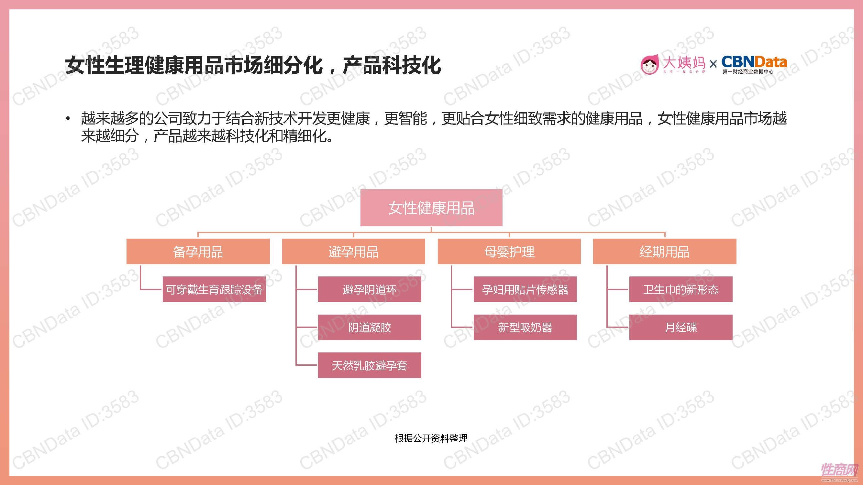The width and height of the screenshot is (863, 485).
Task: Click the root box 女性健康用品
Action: pos(431,208)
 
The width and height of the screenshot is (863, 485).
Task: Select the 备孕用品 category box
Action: pos(198,251)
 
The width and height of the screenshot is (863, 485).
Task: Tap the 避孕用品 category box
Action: pos(353,251)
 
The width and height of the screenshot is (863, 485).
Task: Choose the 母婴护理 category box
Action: pos(509,251)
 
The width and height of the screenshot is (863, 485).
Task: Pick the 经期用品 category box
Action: pos(664,251)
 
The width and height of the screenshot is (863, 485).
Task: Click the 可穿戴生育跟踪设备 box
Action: pos(214,289)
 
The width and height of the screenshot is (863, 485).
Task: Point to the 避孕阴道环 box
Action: pos(369,289)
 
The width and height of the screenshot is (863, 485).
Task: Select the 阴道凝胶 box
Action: pos(369,327)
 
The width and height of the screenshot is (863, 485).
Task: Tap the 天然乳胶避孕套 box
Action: pos(369,365)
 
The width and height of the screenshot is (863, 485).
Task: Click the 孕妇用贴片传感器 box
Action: pos(525,289)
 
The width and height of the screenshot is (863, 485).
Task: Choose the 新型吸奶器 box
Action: pos(525,327)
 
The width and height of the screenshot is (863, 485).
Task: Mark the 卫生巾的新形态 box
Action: pos(680,289)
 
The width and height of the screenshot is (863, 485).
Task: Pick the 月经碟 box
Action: pos(680,327)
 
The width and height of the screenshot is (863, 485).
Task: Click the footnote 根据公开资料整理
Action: pos(431,438)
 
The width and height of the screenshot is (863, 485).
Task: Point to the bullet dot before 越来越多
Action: pos(68,118)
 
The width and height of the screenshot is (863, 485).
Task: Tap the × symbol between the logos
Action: pos(713,64)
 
